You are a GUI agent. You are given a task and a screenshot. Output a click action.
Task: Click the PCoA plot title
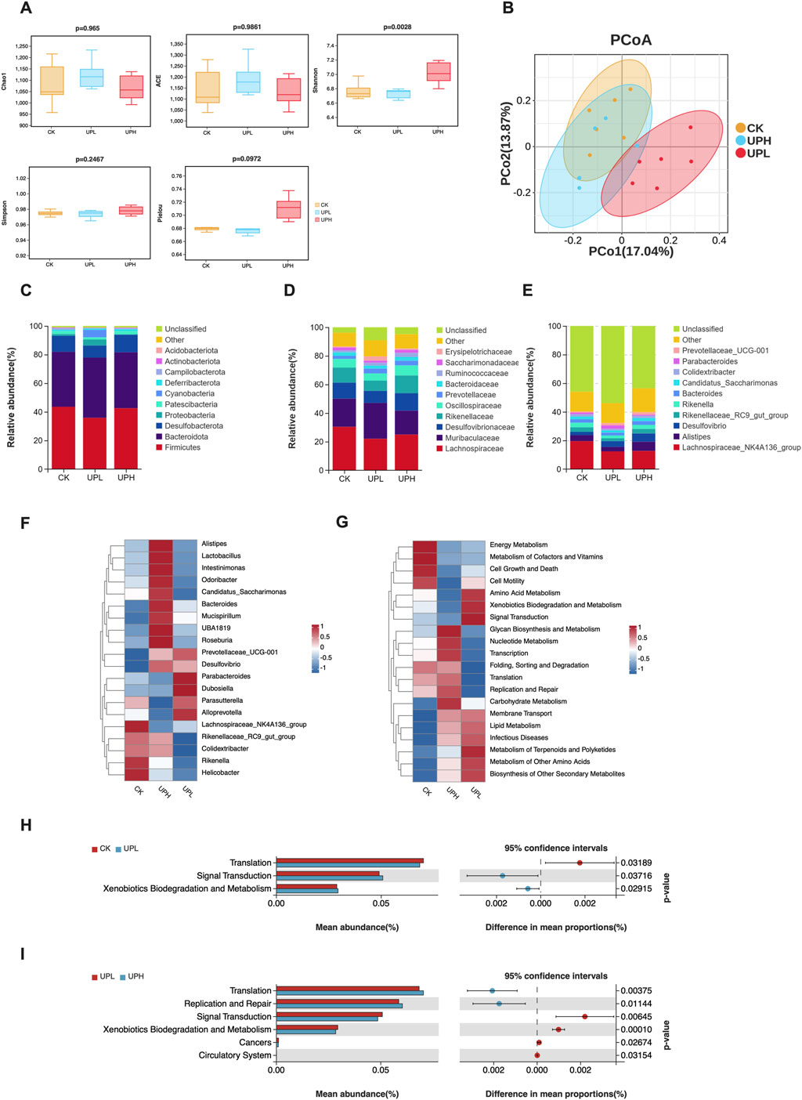click(x=630, y=40)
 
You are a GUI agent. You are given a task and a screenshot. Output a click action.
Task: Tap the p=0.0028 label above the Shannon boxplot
click(x=397, y=27)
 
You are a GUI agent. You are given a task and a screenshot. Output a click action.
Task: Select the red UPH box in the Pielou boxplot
click(x=288, y=210)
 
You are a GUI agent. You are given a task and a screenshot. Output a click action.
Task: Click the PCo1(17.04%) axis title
click(x=630, y=251)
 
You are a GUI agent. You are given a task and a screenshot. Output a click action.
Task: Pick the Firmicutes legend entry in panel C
click(x=182, y=447)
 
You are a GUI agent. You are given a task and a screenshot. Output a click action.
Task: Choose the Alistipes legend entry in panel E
click(x=696, y=436)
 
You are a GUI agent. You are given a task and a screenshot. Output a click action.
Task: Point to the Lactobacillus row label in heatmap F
click(x=221, y=555)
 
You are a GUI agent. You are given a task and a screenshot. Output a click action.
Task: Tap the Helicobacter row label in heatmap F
click(x=220, y=773)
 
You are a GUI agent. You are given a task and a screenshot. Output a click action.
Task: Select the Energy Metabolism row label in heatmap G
click(x=518, y=545)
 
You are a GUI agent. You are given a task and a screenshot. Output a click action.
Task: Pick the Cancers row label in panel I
click(x=255, y=1042)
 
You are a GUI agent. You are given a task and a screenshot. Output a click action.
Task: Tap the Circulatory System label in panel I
click(x=233, y=1055)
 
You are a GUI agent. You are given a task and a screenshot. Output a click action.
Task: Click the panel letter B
click(x=508, y=9)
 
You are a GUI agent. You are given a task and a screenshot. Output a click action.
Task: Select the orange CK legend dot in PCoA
click(x=740, y=128)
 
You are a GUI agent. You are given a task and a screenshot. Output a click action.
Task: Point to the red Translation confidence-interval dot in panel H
click(x=580, y=863)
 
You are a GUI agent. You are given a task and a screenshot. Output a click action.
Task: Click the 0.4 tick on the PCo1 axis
click(x=719, y=241)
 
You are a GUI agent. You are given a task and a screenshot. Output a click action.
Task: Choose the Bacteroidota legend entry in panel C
click(x=186, y=436)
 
